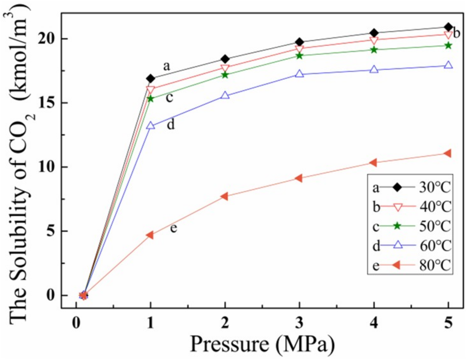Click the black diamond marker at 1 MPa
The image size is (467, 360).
click(151, 78)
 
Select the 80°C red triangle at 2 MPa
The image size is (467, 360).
click(225, 196)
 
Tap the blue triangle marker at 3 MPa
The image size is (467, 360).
click(299, 74)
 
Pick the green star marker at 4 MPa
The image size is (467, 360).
click(374, 50)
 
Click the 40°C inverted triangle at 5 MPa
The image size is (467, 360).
click(448, 35)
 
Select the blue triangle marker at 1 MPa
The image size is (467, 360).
click(151, 125)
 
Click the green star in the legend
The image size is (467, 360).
click(397, 226)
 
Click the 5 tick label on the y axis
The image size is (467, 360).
click(51, 231)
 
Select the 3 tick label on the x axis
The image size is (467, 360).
click(299, 323)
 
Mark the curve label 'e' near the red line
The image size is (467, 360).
click(173, 228)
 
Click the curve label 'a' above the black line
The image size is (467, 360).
click(166, 66)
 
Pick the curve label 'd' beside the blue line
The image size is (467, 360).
click(171, 124)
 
